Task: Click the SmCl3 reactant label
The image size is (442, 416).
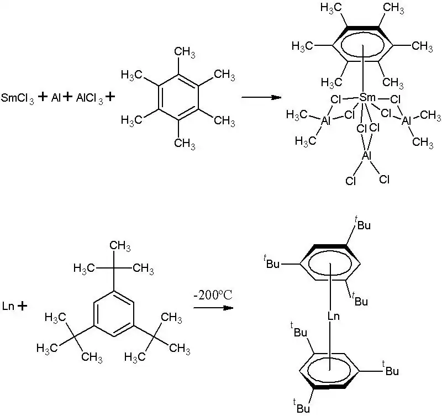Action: pyautogui.click(x=18, y=98)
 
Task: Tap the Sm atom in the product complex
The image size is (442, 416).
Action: pyautogui.click(x=367, y=98)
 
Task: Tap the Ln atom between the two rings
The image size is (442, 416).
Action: pyautogui.click(x=333, y=317)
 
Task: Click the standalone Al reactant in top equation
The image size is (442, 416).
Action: pyautogui.click(x=56, y=98)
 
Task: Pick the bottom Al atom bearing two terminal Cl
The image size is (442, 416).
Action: pyautogui.click(x=366, y=156)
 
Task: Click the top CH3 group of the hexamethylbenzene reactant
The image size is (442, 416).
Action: pyautogui.click(x=185, y=52)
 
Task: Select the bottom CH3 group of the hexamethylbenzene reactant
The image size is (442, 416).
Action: pyautogui.click(x=185, y=144)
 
